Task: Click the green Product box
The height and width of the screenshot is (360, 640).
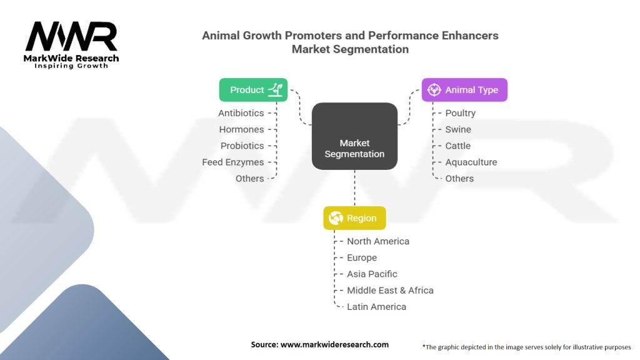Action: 253,89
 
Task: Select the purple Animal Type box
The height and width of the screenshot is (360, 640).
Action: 464,90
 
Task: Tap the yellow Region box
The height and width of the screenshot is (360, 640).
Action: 354,218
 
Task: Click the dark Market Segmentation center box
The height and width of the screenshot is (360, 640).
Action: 354,136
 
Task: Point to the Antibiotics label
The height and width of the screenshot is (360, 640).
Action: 241,113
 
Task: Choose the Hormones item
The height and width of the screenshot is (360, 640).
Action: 241,129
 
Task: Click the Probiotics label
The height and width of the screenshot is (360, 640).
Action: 242,146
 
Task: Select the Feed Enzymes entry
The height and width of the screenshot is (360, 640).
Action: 232,162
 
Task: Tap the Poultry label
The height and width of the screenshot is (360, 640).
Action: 460,113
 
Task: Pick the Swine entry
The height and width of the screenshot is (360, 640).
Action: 458,129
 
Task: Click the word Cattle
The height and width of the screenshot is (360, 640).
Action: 458,146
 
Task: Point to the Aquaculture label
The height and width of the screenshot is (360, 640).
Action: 471,162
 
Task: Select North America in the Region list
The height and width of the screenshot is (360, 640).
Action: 378,241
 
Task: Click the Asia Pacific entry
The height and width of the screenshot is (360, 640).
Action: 372,274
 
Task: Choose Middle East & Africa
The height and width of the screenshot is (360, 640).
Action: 390,290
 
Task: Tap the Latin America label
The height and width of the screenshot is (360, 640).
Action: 376,306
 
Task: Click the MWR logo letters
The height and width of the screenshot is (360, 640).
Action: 71,37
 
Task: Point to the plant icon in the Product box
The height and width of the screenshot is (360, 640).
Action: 275,90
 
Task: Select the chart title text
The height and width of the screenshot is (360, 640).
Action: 350,42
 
